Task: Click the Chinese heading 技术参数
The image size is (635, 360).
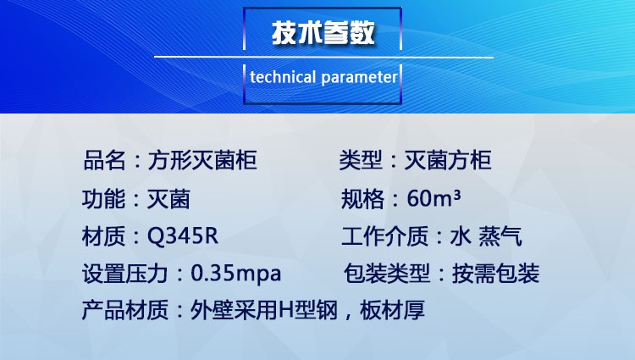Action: [323, 32]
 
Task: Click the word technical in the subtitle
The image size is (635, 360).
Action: [283, 77]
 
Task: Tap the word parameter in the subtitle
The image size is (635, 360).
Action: [359, 78]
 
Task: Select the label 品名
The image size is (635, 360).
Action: [104, 160]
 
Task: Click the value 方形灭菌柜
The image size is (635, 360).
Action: [202, 160]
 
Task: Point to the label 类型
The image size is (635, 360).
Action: [361, 160]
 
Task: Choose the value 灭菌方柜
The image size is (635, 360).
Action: [448, 160]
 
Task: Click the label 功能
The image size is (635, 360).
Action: [103, 199]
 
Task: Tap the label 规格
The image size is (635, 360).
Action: [362, 199]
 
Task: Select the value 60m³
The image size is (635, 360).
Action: [433, 198]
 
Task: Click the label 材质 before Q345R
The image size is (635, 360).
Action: [103, 236]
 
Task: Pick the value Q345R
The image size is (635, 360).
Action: [183, 236]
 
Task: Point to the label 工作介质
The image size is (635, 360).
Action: [384, 236]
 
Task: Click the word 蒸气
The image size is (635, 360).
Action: [500, 236]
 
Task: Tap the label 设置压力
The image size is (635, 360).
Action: [125, 274]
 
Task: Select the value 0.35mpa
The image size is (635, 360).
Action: [235, 274]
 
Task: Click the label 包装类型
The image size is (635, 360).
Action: [387, 274]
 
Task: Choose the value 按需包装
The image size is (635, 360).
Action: [495, 274]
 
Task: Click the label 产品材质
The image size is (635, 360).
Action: [125, 310]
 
